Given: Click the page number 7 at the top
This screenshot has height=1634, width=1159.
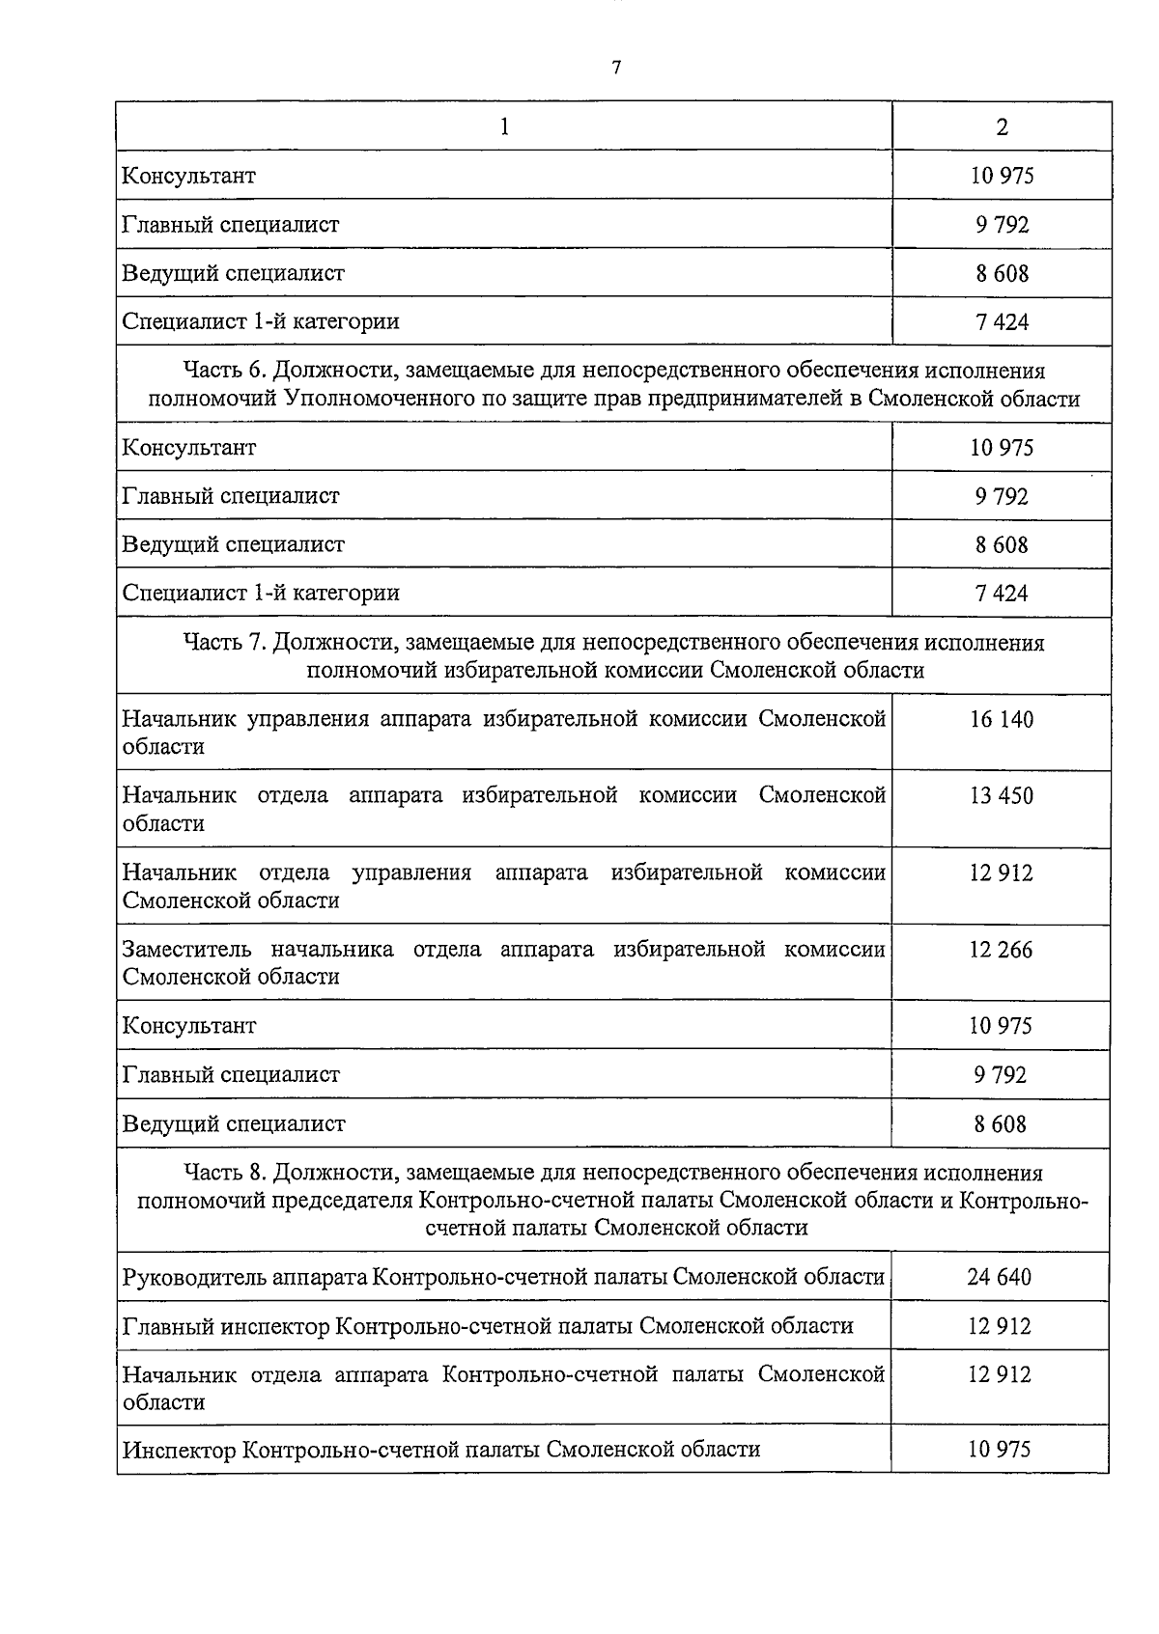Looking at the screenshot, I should coord(615,67).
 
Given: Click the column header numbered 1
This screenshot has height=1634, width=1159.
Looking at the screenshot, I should coord(504,126).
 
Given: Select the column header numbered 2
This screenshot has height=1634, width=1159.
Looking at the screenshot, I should coord(1002,126).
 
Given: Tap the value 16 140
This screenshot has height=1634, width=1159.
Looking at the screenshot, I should coord(1002,719).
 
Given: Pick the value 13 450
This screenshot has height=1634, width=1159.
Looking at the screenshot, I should coord(1002,796).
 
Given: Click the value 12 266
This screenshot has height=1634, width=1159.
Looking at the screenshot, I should coord(1001,950).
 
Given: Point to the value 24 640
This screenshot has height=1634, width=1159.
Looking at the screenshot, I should coord(1000,1277).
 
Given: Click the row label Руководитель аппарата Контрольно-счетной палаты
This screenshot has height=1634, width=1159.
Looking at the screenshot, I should coord(503,1277).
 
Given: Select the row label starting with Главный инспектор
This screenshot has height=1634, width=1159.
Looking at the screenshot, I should coord(488,1326).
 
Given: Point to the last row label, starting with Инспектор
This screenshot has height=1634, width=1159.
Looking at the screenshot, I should coord(441,1449).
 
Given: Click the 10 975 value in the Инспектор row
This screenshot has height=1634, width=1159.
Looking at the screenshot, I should coord(1000,1449).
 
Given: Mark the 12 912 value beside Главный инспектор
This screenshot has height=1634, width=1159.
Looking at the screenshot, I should coord(1000,1326).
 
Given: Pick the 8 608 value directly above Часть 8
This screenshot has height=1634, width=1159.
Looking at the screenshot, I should coord(1001,1123).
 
